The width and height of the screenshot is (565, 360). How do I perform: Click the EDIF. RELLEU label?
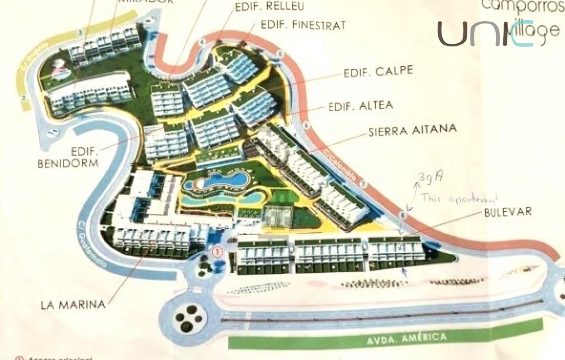pyautogui.click(x=262, y=6)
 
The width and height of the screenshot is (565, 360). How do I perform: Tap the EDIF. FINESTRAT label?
pyautogui.click(x=303, y=25)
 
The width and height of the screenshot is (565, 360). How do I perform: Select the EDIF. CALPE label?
pyautogui.click(x=378, y=72)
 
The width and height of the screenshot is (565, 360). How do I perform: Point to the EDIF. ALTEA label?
pyautogui.click(x=361, y=106)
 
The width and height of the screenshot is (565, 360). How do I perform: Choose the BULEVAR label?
pyautogui.click(x=507, y=212)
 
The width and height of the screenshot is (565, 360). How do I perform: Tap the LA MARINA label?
pyautogui.click(x=73, y=305)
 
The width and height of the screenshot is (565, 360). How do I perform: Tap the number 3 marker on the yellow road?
pyautogui.click(x=80, y=33)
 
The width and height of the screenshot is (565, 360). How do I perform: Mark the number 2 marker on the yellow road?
pyautogui.click(x=23, y=97)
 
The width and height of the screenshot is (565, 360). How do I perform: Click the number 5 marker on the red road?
pyautogui.click(x=280, y=54)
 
